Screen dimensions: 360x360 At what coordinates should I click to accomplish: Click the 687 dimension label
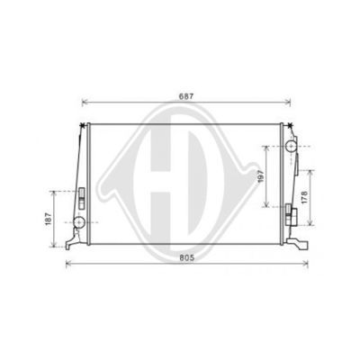pyautogui.click(x=186, y=96)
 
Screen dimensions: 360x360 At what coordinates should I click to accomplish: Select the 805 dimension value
pyautogui.click(x=187, y=257)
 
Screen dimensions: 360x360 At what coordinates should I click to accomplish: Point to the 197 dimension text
pyautogui.click(x=260, y=176)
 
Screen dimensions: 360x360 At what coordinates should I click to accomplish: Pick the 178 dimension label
pyautogui.click(x=304, y=197)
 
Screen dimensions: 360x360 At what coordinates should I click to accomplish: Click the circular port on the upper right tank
pyautogui.click(x=291, y=146)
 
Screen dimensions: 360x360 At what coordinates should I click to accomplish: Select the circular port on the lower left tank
pyautogui.click(x=80, y=222)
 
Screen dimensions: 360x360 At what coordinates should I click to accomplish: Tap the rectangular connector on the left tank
pyautogui.click(x=82, y=198)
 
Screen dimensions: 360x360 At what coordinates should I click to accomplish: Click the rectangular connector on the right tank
pyautogui.click(x=291, y=214)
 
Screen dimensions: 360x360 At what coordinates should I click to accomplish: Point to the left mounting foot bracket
pyautogui.click(x=74, y=240)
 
